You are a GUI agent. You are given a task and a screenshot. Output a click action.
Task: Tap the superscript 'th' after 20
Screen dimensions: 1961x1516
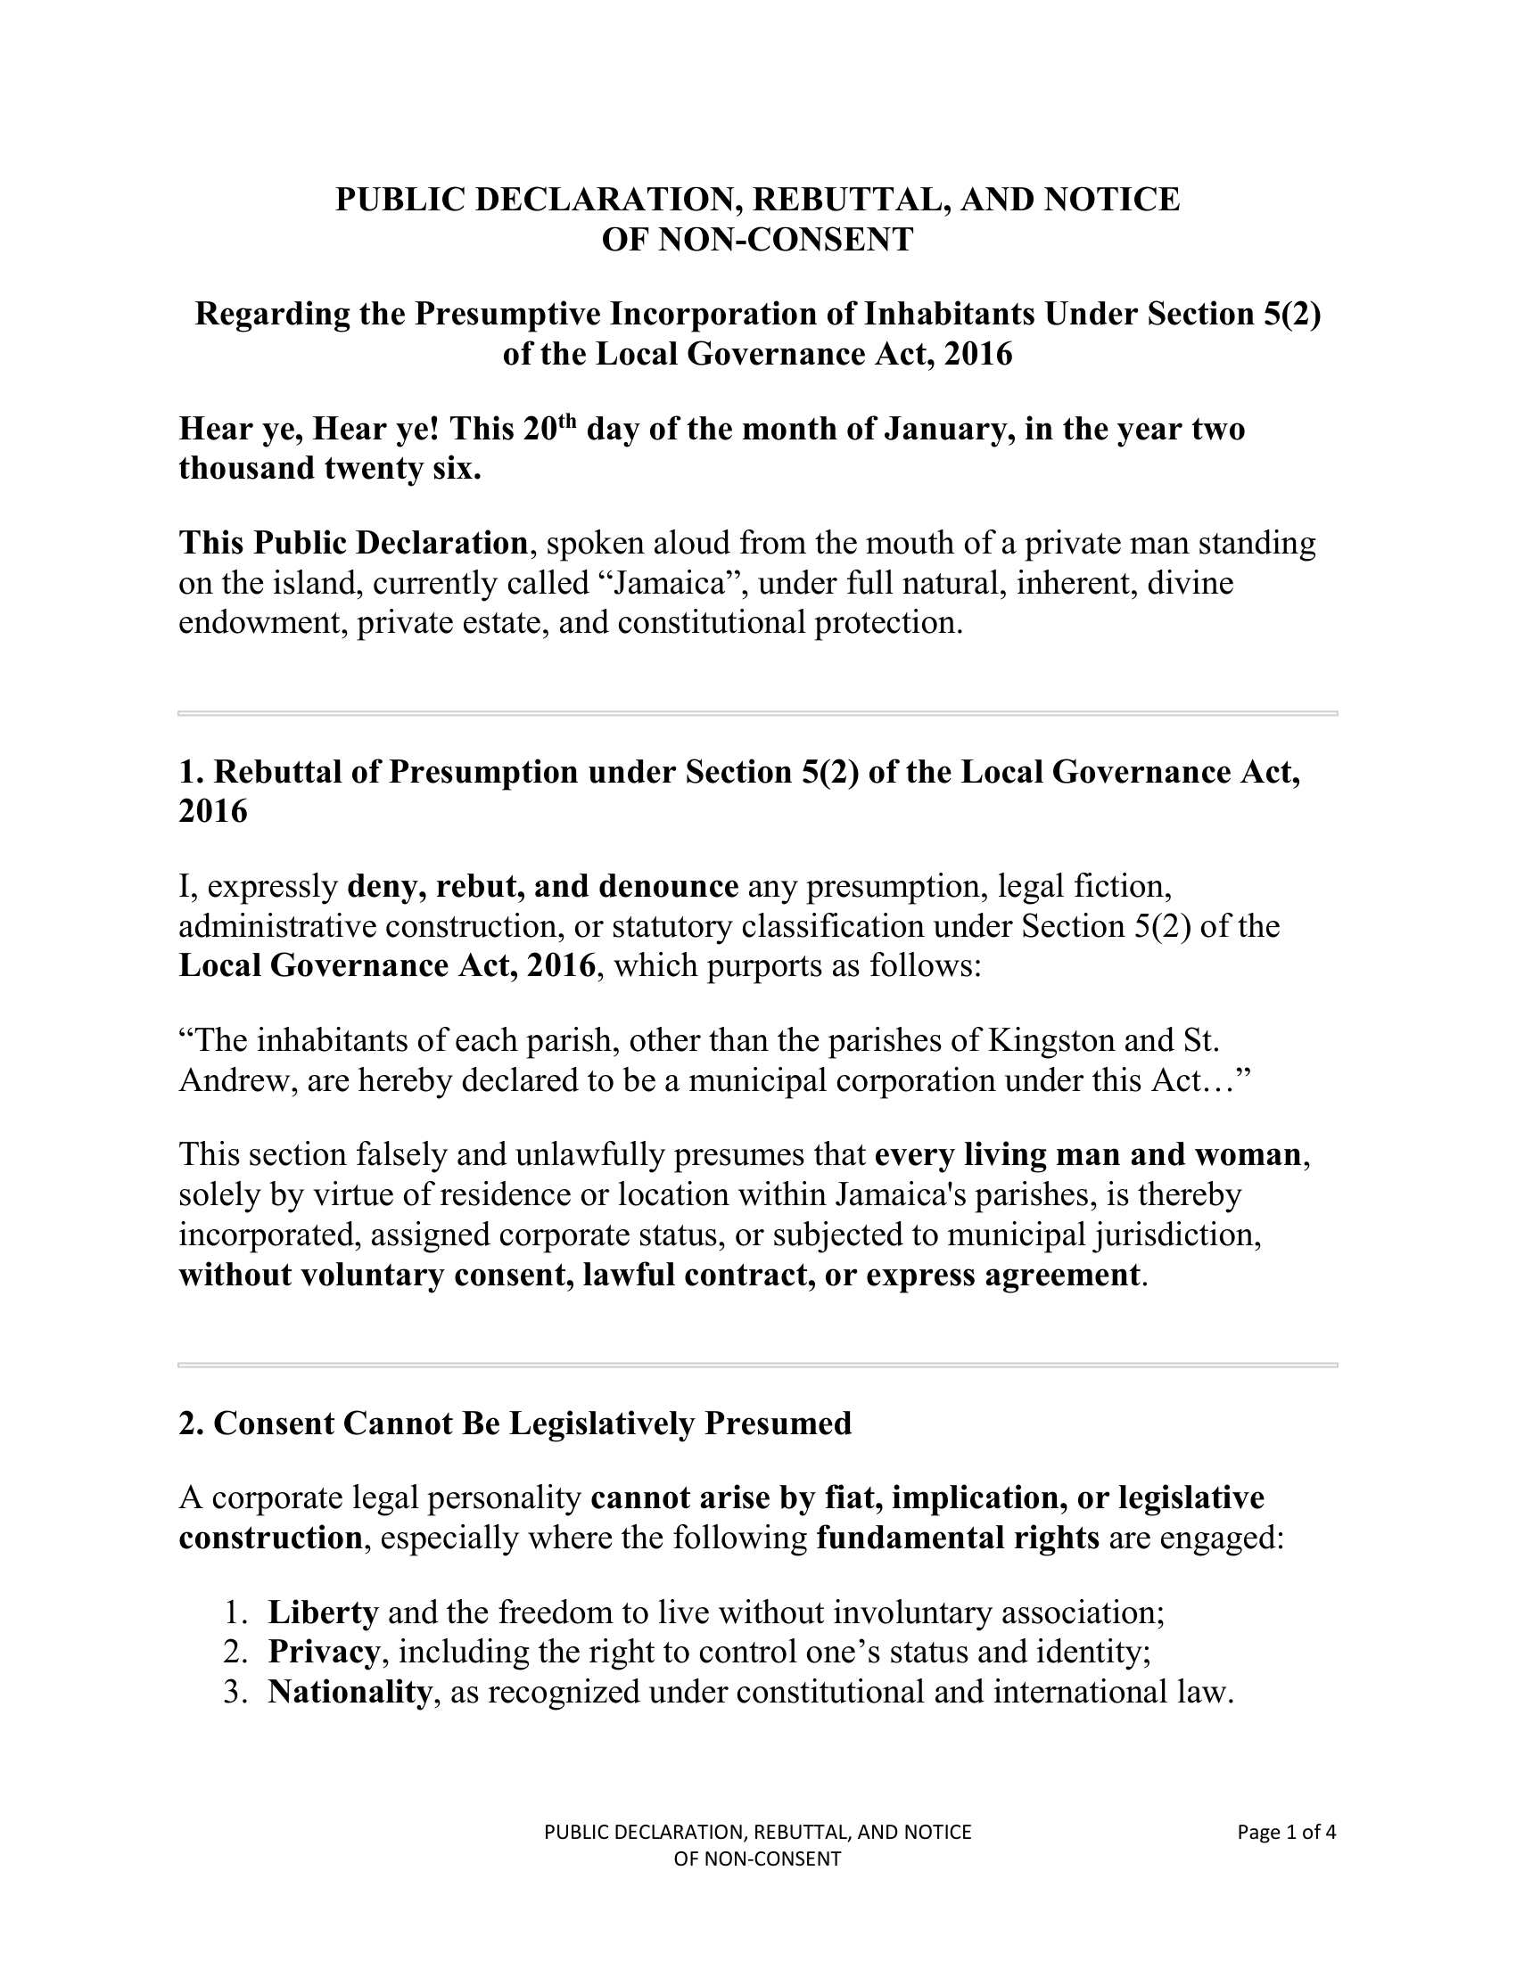point(565,420)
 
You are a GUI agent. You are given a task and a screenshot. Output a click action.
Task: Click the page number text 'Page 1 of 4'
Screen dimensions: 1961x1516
point(1286,1832)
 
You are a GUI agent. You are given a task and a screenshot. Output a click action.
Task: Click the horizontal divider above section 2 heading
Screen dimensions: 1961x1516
point(758,1365)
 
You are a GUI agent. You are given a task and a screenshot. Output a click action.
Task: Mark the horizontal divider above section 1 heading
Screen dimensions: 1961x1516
point(758,713)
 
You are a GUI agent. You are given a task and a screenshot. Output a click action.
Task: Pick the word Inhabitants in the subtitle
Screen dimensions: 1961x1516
point(949,315)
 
